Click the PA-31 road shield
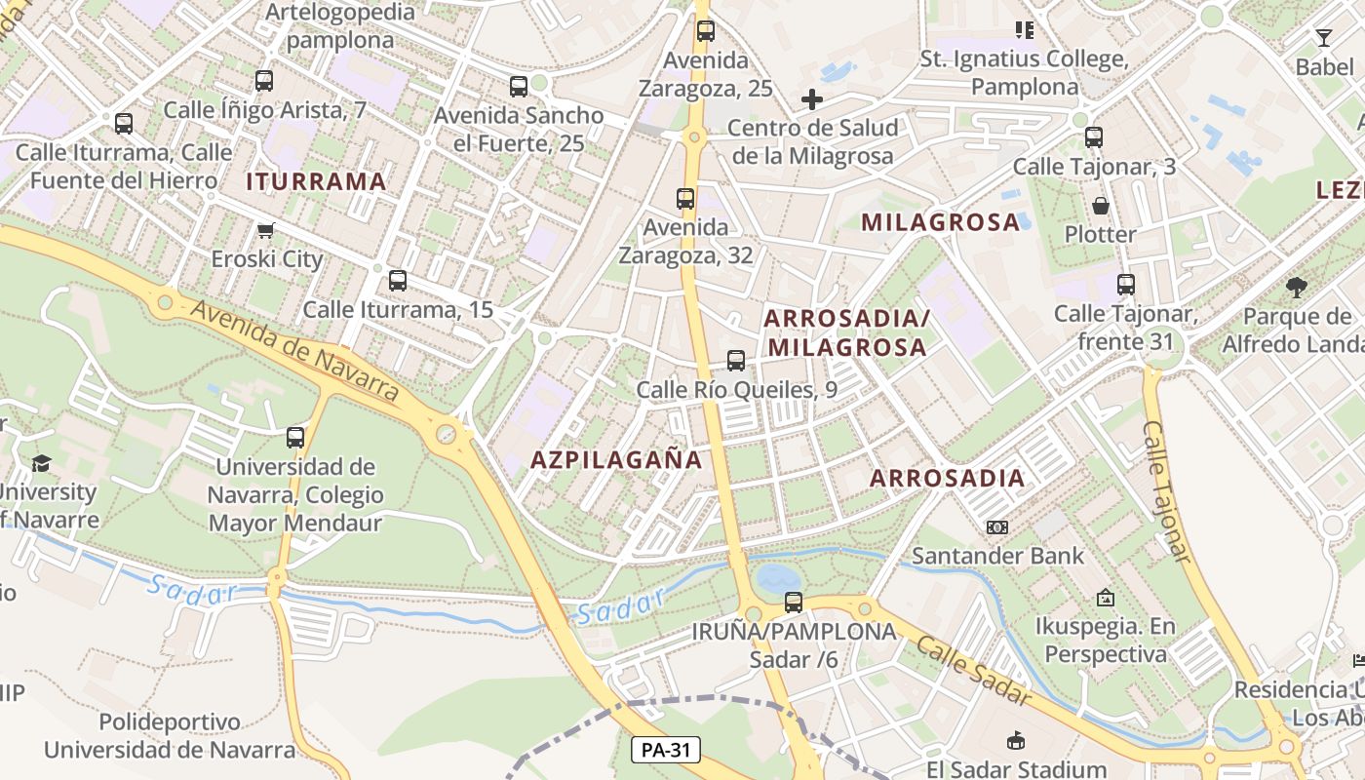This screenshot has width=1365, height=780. click(x=667, y=750)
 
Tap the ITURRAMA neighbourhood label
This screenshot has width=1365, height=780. click(x=316, y=181)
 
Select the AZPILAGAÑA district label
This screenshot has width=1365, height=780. click(x=616, y=460)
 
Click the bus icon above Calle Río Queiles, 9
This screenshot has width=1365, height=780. click(x=736, y=361)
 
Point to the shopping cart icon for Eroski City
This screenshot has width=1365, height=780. click(x=265, y=231)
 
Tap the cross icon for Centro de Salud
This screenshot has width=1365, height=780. click(x=811, y=99)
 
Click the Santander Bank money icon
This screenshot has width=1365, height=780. click(x=996, y=527)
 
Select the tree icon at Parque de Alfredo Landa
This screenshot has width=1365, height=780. click(x=1296, y=288)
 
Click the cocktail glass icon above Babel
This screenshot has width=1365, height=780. click(x=1323, y=38)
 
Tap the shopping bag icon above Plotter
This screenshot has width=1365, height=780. click(x=1101, y=206)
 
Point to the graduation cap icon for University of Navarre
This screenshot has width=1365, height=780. click(x=41, y=463)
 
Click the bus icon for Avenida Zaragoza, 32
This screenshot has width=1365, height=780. click(x=685, y=199)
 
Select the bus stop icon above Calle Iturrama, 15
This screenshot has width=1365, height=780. click(x=397, y=281)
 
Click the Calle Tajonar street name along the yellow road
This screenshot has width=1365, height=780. click(x=1167, y=492)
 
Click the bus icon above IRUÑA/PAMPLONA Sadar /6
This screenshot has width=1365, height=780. click(x=794, y=603)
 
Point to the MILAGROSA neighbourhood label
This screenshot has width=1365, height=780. click(x=940, y=222)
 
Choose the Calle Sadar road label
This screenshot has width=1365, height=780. click(x=973, y=672)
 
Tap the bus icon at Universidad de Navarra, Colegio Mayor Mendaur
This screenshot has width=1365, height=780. click(x=295, y=438)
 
